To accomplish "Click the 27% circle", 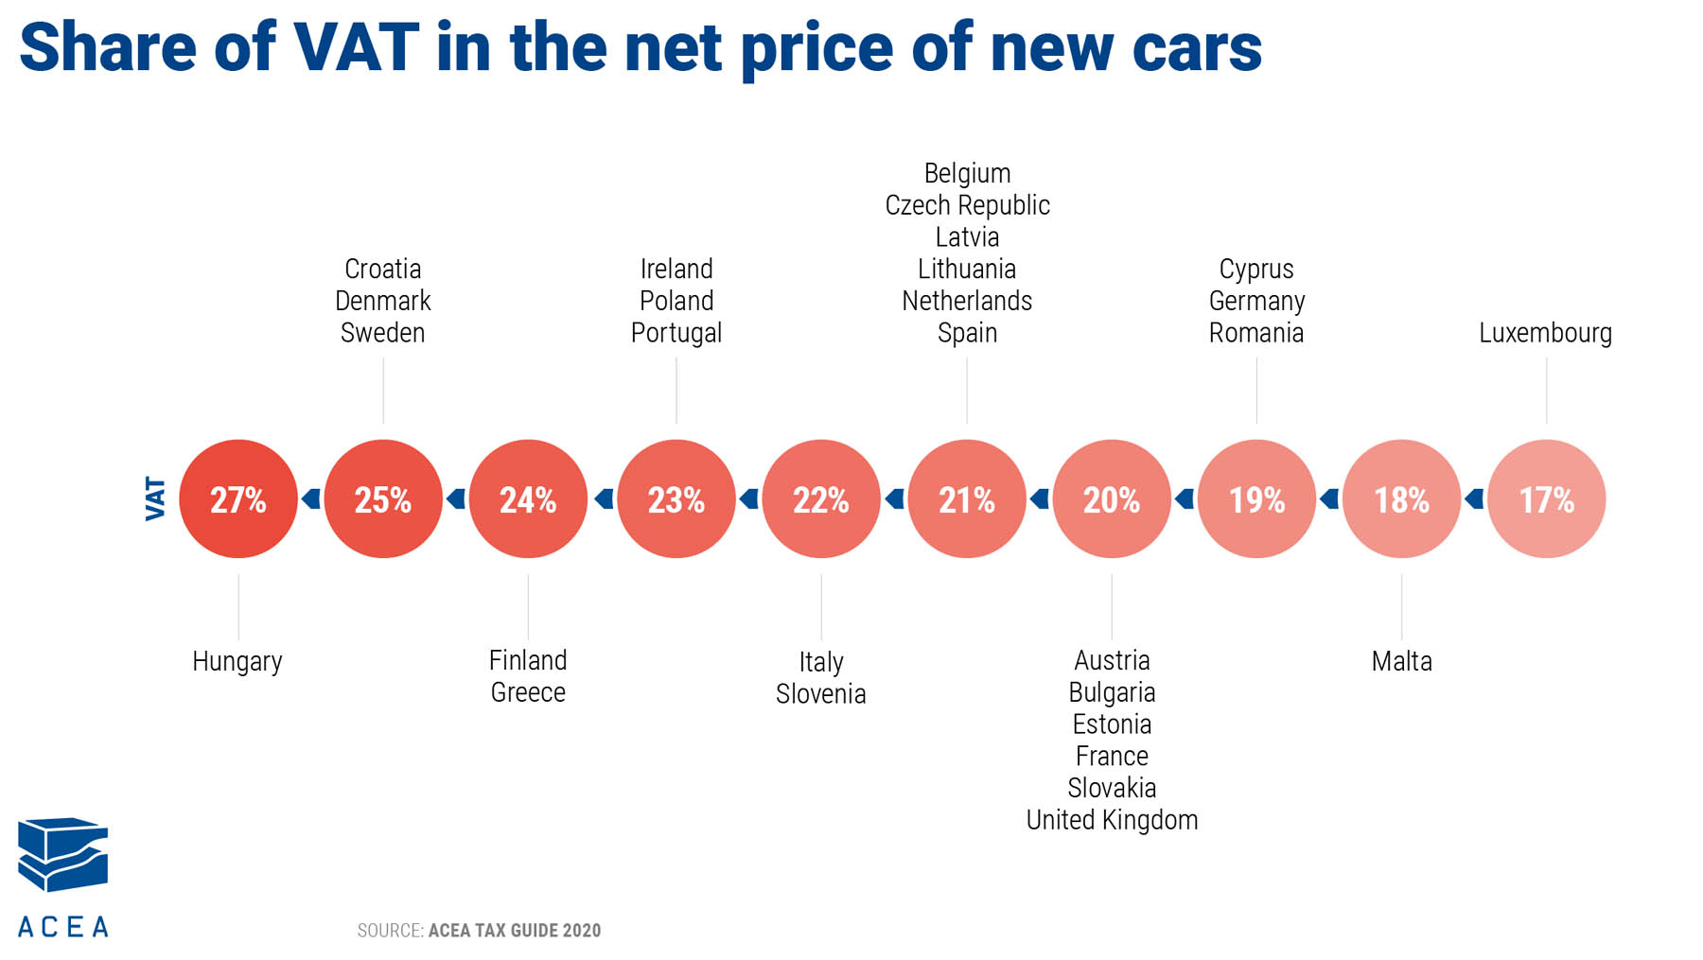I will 238,498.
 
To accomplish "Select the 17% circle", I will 1546,498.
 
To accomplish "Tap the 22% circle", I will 821,498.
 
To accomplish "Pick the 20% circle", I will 1112,498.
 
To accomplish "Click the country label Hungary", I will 237,661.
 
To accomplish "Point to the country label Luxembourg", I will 1545,333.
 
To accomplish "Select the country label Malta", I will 1401,661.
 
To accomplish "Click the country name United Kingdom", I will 1112,820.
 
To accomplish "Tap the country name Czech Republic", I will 967,205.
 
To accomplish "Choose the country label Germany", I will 1256,301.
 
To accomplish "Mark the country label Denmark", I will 383,301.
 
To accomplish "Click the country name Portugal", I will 676,333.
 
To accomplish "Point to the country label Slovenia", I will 821,694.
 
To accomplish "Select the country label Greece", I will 528,692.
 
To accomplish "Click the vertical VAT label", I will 155,498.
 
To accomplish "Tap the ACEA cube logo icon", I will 62,854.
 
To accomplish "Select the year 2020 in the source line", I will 581,931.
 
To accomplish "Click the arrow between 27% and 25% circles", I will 310,498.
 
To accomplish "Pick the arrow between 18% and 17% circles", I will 1473,498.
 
